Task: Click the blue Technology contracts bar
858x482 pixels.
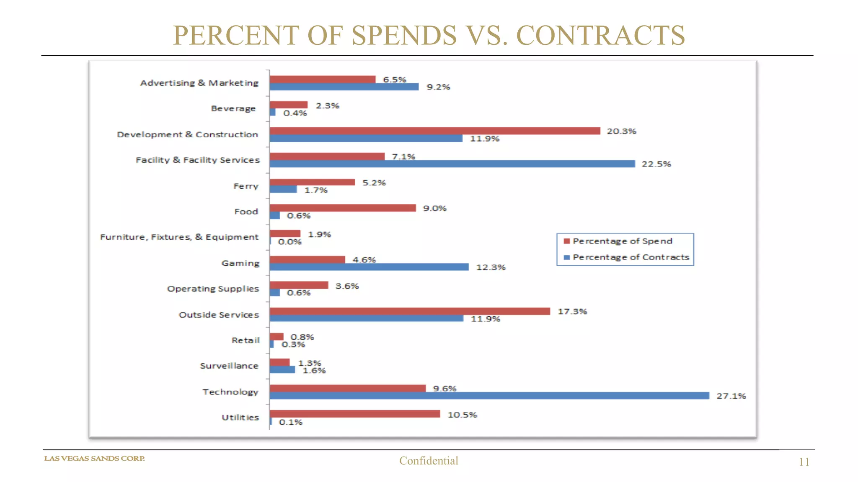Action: click(x=489, y=396)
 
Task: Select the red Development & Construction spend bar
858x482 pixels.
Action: click(x=435, y=131)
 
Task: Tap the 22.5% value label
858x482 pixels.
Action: click(x=656, y=164)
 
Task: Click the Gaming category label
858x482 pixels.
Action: click(x=240, y=263)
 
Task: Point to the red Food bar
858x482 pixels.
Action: click(x=343, y=208)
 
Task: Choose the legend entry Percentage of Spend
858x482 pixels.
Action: click(x=622, y=241)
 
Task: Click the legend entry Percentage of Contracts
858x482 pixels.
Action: click(x=631, y=257)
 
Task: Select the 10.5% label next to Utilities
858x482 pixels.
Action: click(x=462, y=415)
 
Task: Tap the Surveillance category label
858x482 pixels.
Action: click(x=229, y=366)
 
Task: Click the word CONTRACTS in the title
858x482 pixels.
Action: click(x=600, y=35)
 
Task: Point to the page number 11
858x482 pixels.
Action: click(x=804, y=462)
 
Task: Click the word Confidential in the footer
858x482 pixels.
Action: click(x=429, y=461)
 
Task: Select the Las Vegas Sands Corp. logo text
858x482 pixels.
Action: click(x=95, y=459)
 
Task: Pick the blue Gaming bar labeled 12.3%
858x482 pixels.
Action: click(x=369, y=267)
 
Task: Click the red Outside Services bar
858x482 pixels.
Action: click(x=410, y=311)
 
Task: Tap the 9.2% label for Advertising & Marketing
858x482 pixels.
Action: click(x=438, y=87)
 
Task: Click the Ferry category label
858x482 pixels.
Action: click(x=246, y=186)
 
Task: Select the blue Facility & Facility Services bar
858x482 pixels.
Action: click(x=452, y=164)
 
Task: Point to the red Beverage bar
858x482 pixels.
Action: click(x=289, y=105)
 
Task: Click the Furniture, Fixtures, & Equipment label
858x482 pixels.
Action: click(x=179, y=237)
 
